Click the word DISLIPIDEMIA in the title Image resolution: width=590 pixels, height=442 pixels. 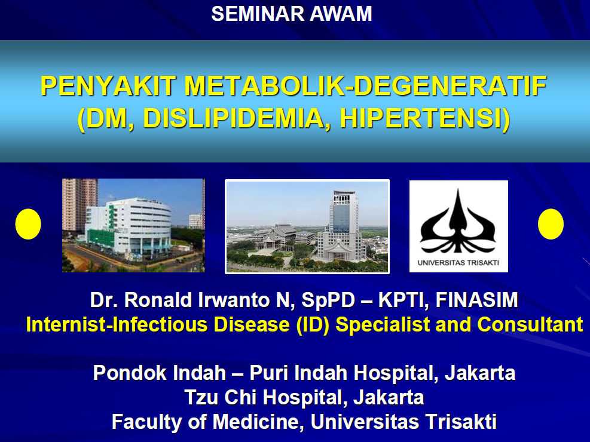point(233,118)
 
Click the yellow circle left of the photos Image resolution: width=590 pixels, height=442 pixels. point(28,224)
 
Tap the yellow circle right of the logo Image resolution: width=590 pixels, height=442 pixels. point(551,224)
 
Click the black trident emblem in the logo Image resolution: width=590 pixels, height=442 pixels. point(458,222)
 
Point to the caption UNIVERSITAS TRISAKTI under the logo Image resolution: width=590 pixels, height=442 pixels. point(458,263)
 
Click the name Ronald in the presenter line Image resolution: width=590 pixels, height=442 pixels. point(158,300)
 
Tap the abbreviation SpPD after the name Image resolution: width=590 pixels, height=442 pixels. point(328,300)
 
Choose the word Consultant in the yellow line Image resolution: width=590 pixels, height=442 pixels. point(530,324)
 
